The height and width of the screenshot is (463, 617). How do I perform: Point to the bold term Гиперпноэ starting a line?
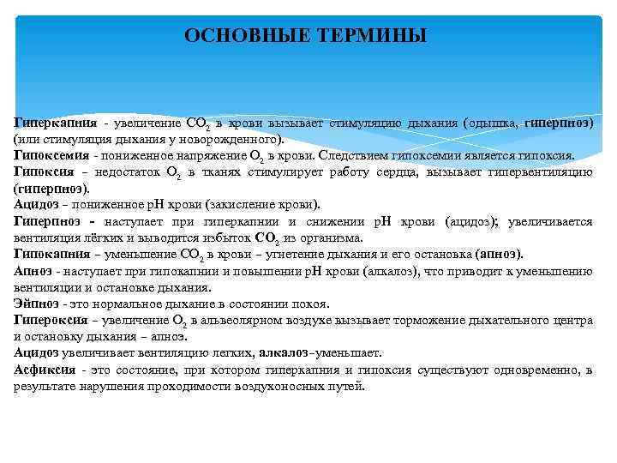(47, 220)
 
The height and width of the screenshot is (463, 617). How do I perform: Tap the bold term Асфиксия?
(44, 370)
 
